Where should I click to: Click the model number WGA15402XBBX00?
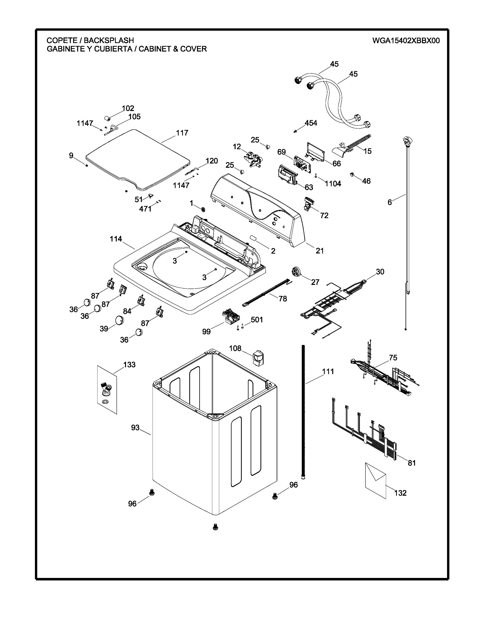click(406, 40)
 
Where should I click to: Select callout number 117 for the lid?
click(182, 133)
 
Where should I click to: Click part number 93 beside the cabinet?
click(135, 428)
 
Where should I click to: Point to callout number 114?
click(116, 239)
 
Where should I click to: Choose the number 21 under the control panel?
click(320, 251)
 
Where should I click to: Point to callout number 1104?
click(333, 184)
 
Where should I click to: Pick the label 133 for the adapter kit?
click(129, 365)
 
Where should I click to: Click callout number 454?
click(311, 123)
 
